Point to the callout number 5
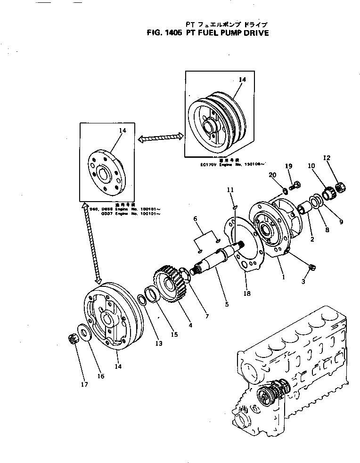[x=227, y=305]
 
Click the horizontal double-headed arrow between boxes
[x=160, y=137]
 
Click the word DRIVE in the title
[x=253, y=33]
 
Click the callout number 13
[x=159, y=344]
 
